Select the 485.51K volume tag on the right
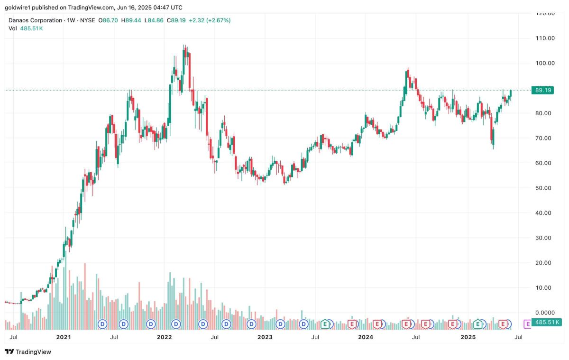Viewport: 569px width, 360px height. (x=546, y=322)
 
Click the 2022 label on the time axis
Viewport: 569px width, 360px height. (x=164, y=337)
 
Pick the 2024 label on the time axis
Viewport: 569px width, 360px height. (x=366, y=337)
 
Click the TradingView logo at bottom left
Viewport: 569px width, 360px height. (x=28, y=352)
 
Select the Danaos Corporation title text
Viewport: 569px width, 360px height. (x=36, y=20)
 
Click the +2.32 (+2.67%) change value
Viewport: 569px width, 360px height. (x=210, y=20)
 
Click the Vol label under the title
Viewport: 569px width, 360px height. (x=13, y=28)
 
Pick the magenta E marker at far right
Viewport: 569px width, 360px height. (x=527, y=324)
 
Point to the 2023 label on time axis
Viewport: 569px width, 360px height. (x=265, y=337)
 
